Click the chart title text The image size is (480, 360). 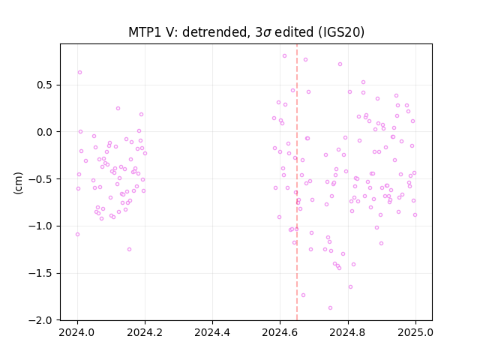tap(246, 32)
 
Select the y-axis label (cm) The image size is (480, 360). tap(18, 183)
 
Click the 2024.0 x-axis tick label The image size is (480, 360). tap(77, 332)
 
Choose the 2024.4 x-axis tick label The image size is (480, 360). tap(212, 332)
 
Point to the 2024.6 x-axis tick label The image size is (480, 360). tap(280, 332)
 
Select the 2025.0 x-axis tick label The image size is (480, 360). tap(415, 332)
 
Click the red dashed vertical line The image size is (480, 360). tap(297, 182)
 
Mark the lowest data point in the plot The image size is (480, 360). tap(330, 308)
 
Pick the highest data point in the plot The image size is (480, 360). tap(284, 56)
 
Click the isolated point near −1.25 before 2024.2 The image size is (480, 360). tap(129, 250)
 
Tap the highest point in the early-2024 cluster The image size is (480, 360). tap(80, 73)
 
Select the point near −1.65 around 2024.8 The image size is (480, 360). tap(350, 286)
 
